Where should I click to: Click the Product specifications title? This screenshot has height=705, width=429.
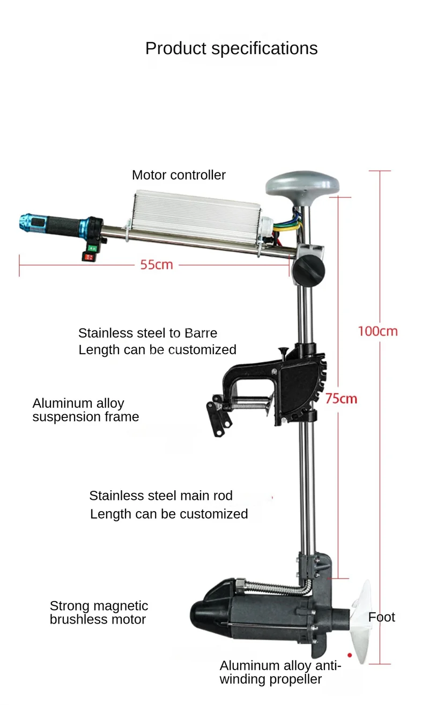tap(232, 49)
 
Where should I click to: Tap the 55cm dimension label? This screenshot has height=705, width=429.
tap(157, 265)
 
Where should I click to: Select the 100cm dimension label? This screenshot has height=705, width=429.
tap(378, 332)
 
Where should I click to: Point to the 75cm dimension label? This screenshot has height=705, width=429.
tap(341, 399)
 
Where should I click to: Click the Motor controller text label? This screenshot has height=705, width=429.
tap(179, 175)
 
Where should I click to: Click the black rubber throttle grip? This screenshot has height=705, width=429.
tap(63, 226)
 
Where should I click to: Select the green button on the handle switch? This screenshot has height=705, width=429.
tap(92, 249)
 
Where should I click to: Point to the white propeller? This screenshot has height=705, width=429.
tap(361, 622)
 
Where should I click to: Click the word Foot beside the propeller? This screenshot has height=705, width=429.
tap(381, 618)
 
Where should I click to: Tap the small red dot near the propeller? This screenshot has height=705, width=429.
tap(350, 655)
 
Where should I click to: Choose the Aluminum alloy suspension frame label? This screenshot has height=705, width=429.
tap(86, 410)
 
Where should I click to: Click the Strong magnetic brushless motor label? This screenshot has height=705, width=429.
tap(99, 612)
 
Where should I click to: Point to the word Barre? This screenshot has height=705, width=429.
tap(201, 333)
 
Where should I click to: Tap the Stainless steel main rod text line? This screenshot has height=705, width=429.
tap(161, 496)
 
